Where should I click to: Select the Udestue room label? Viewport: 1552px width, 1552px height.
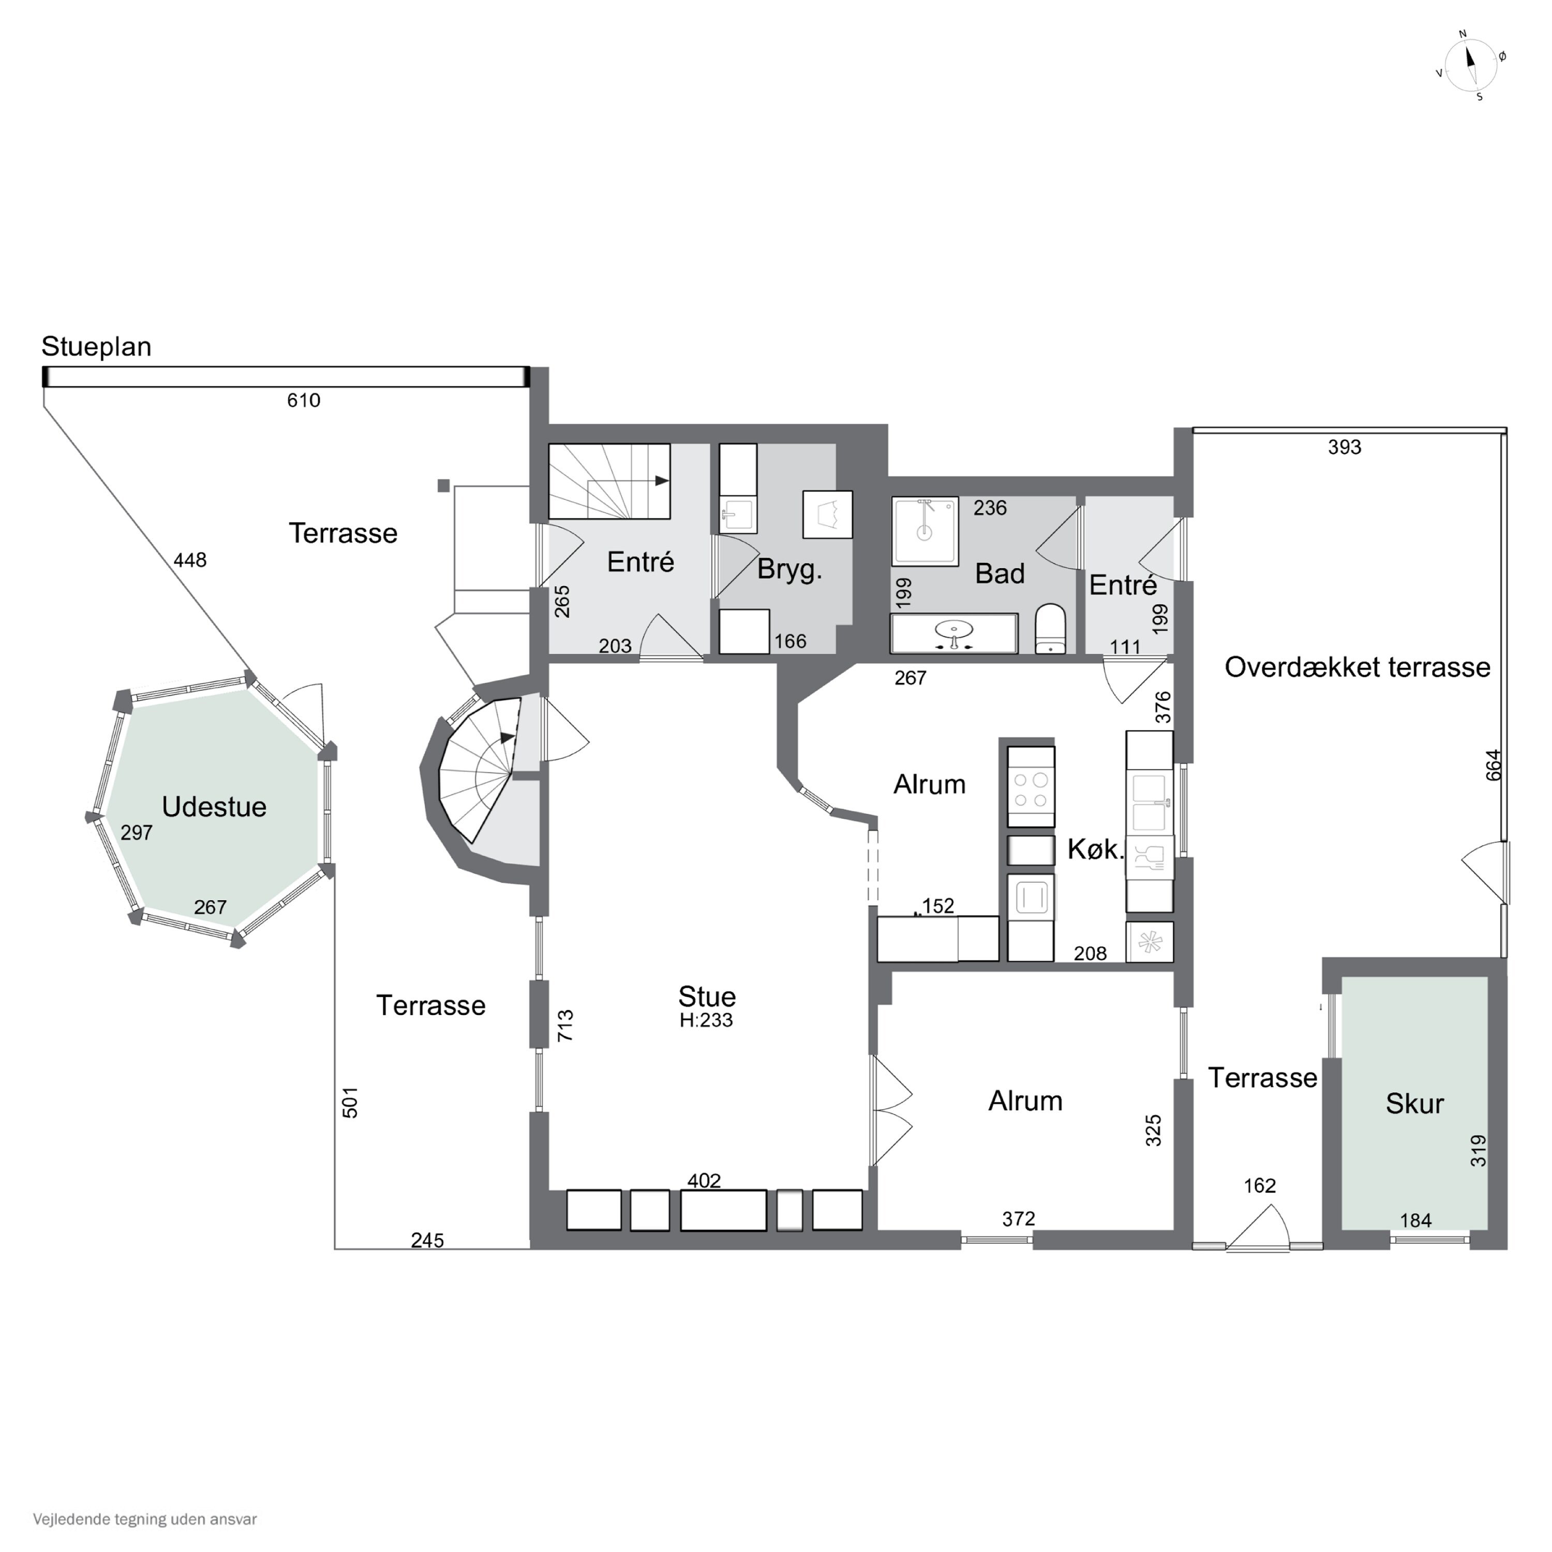(214, 807)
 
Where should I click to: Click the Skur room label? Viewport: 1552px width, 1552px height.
(1414, 1104)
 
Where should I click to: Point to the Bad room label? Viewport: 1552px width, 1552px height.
(999, 574)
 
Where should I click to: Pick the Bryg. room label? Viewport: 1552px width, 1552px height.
(789, 570)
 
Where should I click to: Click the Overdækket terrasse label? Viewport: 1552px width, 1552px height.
(1357, 667)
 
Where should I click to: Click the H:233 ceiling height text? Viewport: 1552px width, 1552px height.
(706, 1020)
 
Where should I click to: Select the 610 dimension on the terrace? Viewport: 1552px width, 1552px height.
(304, 400)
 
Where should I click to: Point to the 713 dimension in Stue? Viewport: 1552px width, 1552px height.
(565, 1026)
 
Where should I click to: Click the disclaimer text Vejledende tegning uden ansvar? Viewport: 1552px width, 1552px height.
(145, 1519)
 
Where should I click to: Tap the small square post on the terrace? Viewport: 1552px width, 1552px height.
(443, 485)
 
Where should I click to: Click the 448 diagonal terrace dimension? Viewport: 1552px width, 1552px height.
(190, 560)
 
